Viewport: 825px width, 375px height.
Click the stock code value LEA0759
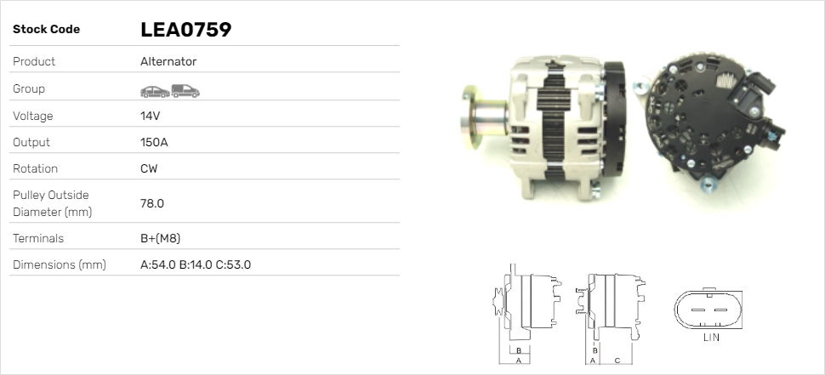point(185,30)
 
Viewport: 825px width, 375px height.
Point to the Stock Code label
point(46,30)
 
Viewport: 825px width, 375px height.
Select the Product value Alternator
point(168,61)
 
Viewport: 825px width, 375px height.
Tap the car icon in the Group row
point(155,92)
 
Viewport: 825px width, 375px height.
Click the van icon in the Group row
point(185,91)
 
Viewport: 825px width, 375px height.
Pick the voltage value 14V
point(150,116)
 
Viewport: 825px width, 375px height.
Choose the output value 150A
point(154,143)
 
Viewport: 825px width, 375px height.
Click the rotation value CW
point(149,169)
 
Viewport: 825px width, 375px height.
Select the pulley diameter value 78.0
point(152,203)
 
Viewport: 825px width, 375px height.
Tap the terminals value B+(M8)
point(161,238)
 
